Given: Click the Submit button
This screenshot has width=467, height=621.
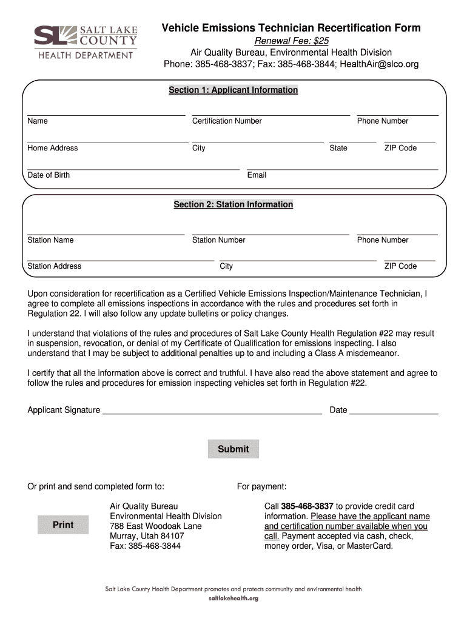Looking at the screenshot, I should click(233, 449).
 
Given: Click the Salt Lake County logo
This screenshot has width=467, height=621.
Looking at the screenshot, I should click(86, 42).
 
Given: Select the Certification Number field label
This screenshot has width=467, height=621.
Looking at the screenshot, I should click(227, 121).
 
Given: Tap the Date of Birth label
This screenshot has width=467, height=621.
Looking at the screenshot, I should click(49, 175).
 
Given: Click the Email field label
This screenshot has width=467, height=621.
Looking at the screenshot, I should click(257, 175).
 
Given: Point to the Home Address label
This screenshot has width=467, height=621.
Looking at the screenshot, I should click(53, 148).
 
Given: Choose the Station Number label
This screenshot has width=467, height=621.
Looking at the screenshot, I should click(218, 240).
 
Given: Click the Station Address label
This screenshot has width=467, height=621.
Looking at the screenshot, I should click(54, 266).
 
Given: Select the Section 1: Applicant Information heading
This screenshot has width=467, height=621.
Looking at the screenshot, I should click(233, 90).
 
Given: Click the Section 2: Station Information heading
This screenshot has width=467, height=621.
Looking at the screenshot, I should click(233, 205).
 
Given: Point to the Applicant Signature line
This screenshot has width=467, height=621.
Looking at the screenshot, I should click(212, 411).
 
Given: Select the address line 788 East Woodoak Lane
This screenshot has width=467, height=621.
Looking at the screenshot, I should click(155, 526).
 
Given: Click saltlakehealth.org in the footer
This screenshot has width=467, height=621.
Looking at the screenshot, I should click(233, 599).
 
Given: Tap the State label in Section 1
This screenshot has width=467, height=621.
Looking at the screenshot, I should click(338, 148).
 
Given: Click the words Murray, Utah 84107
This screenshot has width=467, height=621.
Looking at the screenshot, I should click(147, 536).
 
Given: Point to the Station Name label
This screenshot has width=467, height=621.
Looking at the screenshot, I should click(50, 240).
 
